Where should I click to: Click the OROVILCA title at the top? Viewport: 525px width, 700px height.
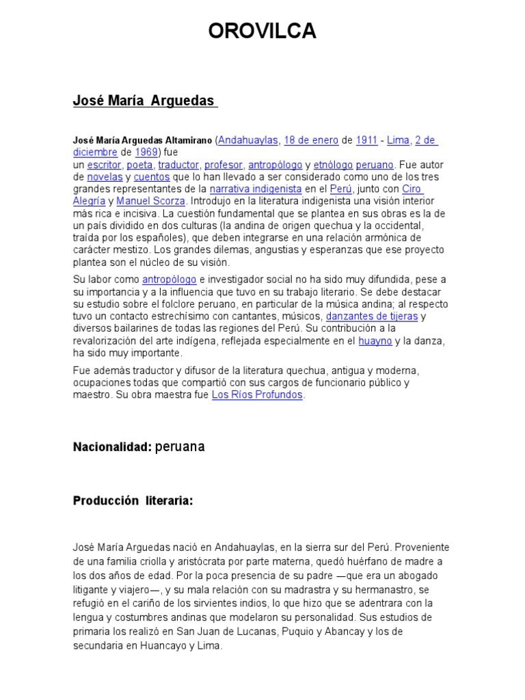pyautogui.click(x=262, y=31)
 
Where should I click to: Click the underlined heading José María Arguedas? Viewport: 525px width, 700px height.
pyautogui.click(x=144, y=101)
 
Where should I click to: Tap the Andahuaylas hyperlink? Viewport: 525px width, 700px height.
pyautogui.click(x=248, y=140)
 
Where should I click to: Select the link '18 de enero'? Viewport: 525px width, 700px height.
pyautogui.click(x=311, y=140)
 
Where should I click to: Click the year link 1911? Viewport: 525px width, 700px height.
pyautogui.click(x=366, y=140)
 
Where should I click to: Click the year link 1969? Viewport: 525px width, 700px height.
pyautogui.click(x=146, y=152)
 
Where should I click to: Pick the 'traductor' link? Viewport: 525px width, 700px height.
pyautogui.click(x=178, y=165)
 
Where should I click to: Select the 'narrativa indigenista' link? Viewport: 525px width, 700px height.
pyautogui.click(x=256, y=188)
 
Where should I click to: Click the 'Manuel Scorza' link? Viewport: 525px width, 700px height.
pyautogui.click(x=151, y=201)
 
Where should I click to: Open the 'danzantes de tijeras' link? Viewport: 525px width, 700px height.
pyautogui.click(x=371, y=316)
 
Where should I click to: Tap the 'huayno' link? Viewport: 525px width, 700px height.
pyautogui.click(x=376, y=340)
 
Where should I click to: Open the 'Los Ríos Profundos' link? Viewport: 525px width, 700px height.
pyautogui.click(x=257, y=395)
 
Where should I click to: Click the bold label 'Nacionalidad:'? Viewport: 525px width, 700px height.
pyautogui.click(x=112, y=447)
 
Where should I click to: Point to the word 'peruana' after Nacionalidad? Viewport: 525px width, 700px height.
pyautogui.click(x=180, y=447)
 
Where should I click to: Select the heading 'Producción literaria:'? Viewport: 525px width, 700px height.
pyautogui.click(x=133, y=501)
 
